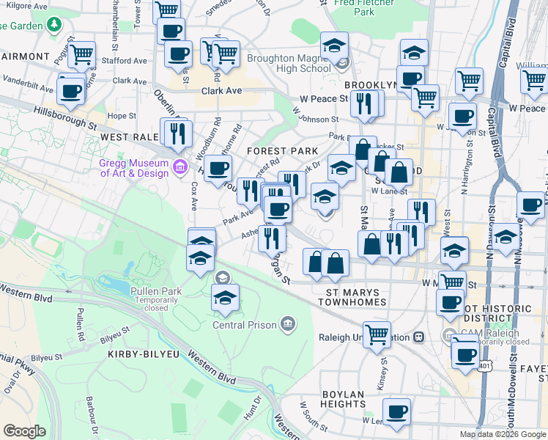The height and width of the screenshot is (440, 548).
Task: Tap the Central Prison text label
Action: coord(245,325)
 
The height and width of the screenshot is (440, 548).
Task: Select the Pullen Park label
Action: coord(151,292)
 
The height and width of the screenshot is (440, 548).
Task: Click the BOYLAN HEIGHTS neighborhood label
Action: coord(343,399)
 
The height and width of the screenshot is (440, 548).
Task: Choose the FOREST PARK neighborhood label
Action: coord(282,151)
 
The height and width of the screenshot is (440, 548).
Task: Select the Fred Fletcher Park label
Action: coord(353,7)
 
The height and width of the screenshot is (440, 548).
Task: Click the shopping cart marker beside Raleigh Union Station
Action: coord(377,334)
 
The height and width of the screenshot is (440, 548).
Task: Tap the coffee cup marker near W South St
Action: coord(396,411)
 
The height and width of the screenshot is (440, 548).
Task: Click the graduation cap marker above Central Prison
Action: coord(226,297)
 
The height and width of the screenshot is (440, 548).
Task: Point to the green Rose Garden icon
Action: coord(53,26)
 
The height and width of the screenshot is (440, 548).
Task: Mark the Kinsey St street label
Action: coord(382,364)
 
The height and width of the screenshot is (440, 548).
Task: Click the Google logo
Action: coord(25,430)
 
